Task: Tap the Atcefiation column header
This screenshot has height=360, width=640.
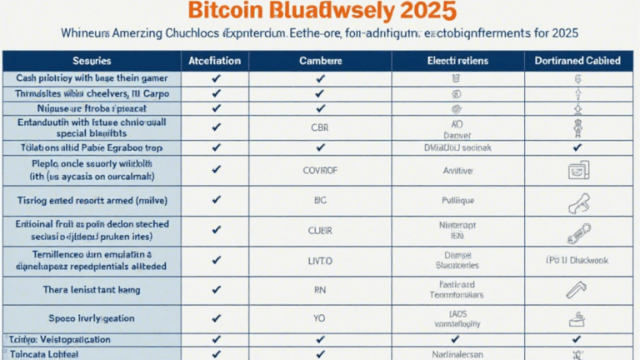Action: pos(216,61)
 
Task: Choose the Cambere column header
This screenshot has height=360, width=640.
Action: pos(320,61)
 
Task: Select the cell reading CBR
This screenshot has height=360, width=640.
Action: pos(320,127)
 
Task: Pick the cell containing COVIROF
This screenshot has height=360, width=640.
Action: pos(320,170)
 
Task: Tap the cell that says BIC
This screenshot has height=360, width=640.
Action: pos(320,201)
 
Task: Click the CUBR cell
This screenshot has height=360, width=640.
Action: pos(320,231)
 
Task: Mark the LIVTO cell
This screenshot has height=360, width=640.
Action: pos(320,260)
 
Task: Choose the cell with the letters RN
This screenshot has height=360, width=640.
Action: pos(320,291)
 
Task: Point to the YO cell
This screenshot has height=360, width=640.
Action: pos(320,318)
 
